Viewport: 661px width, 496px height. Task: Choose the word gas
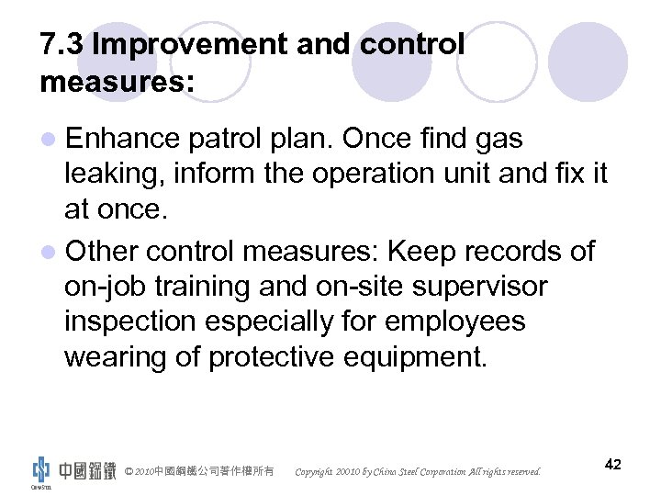[x=499, y=140]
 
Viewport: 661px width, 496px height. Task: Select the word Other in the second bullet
[x=107, y=251]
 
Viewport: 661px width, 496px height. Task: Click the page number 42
[x=613, y=465]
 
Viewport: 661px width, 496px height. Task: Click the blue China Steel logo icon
[x=40, y=468]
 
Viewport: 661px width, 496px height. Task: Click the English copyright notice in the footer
[x=418, y=472]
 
